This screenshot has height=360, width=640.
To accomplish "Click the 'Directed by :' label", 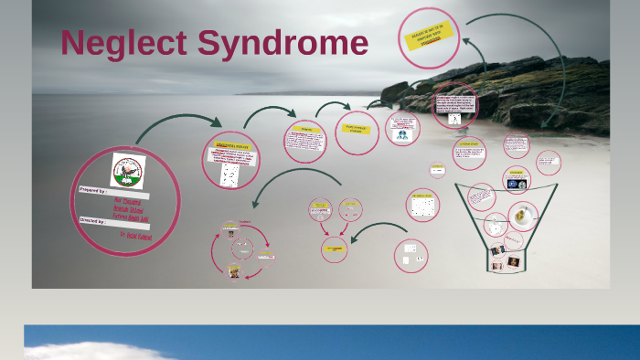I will coord(95,220).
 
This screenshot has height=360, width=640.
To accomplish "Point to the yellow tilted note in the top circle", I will coord(427,37).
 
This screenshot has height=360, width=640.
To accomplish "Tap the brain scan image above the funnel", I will coord(516,182).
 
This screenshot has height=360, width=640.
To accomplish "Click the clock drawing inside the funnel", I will coord(495,224).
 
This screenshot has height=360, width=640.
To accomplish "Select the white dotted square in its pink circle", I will coord(422,206).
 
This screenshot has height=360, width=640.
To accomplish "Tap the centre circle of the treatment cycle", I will coord(242,247).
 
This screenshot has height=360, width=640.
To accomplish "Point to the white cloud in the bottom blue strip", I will coord(91,350).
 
